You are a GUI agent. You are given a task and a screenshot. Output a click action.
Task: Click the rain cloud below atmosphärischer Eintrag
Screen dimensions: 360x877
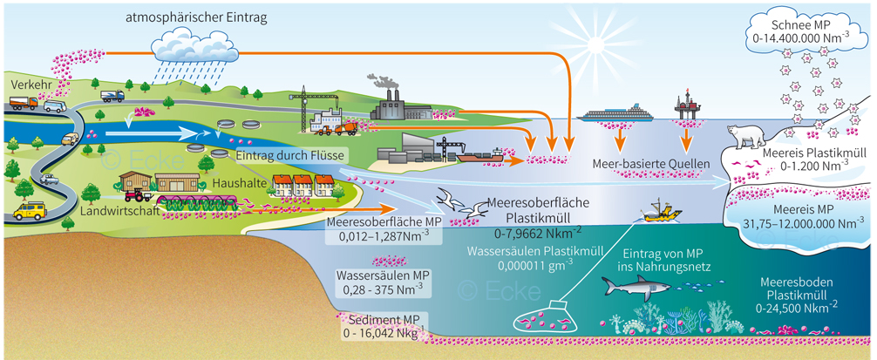(193, 43)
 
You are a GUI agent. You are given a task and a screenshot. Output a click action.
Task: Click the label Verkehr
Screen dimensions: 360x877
(28, 84)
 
